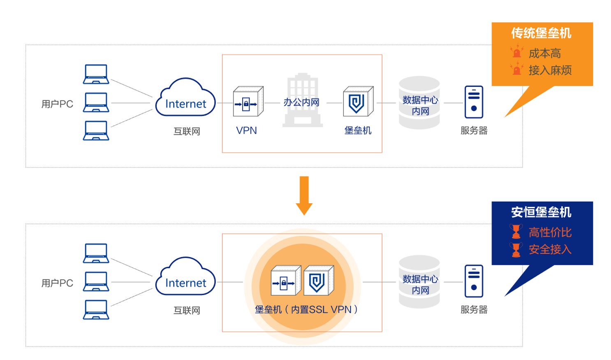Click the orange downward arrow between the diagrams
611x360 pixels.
pos(304,195)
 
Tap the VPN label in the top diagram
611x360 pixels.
pos(246,130)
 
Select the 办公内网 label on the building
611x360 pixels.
pos(301,102)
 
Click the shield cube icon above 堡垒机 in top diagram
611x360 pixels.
pos(358,101)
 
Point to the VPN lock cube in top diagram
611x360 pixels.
pos(248,101)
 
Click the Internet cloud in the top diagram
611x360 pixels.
pos(185,97)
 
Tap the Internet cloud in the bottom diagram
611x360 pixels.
pos(185,276)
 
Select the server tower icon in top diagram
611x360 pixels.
pos(474,102)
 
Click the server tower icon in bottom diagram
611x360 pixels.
pos(474,281)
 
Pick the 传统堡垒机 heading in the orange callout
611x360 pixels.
pos(541,33)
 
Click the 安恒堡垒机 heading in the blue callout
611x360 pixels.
pos(541,212)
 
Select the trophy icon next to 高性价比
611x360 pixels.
pos(516,232)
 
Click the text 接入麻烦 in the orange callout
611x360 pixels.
pos(550,70)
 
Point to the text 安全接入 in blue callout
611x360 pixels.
pos(550,249)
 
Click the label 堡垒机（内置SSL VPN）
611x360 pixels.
pos(306,310)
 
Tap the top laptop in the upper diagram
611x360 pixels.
pos(96,74)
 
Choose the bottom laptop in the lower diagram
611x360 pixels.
pos(96,309)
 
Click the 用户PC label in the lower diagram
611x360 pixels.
pos(57,283)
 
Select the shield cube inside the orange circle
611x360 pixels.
pos(319,280)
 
